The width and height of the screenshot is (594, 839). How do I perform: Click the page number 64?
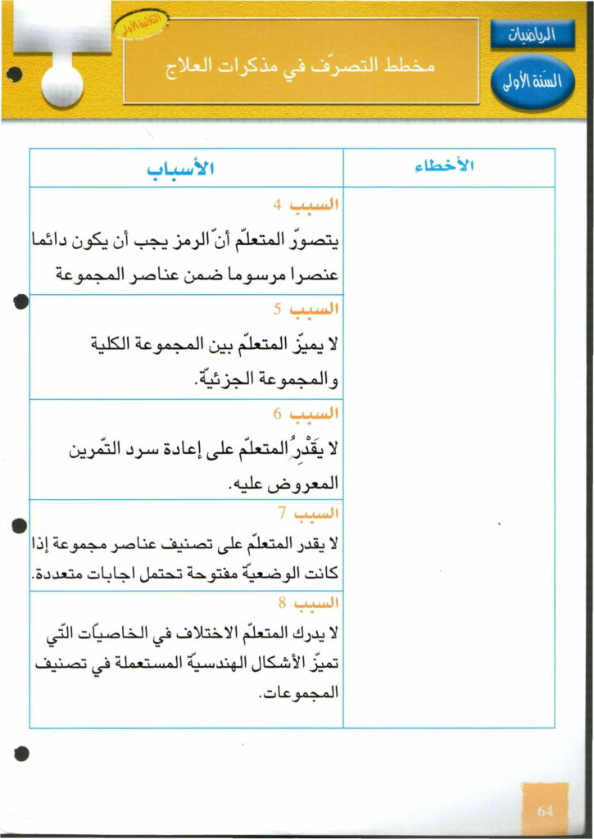click(x=546, y=810)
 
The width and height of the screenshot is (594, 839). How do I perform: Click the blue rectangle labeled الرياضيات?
click(x=533, y=34)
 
